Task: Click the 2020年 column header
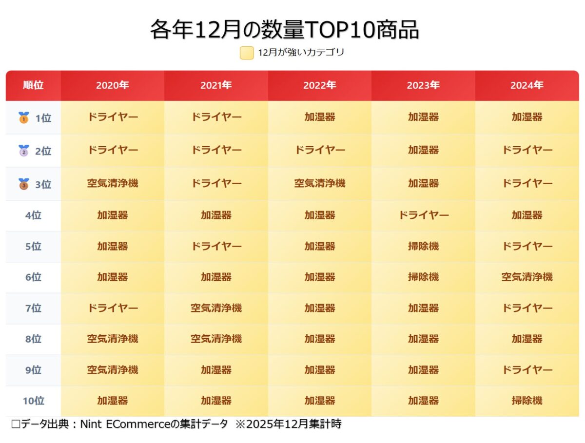112,85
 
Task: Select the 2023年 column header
423,85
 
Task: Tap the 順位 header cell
33,85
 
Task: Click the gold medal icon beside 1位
23,117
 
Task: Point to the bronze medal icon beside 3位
23,184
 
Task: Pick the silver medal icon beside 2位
23,151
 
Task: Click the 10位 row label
33,401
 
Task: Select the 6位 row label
33,277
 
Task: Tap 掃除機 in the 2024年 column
527,401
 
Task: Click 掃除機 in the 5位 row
423,246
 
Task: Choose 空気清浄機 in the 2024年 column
527,277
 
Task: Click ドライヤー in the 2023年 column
423,215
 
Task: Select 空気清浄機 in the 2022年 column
319,183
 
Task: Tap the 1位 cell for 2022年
319,117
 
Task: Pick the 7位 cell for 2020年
112,308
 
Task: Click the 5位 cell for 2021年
216,246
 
